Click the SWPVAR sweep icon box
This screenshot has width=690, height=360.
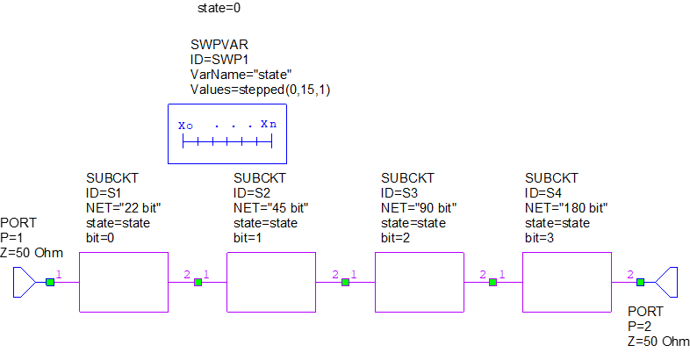(226, 134)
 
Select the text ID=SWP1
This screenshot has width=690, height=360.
(220, 60)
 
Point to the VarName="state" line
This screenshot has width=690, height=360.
(241, 75)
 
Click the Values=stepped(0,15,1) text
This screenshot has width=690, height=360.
(260, 90)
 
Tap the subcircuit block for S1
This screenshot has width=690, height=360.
(123, 282)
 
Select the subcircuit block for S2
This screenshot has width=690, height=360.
(270, 282)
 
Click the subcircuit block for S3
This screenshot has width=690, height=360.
(418, 282)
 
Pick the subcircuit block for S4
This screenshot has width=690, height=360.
(566, 282)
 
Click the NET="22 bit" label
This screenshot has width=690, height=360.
(123, 208)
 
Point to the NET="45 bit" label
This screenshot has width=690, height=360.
(271, 208)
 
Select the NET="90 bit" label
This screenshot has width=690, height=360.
(419, 208)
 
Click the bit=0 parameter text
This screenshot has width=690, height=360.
(104, 238)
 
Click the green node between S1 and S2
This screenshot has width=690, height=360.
(198, 283)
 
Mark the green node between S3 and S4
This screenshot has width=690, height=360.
(492, 283)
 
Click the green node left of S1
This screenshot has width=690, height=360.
(50, 283)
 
